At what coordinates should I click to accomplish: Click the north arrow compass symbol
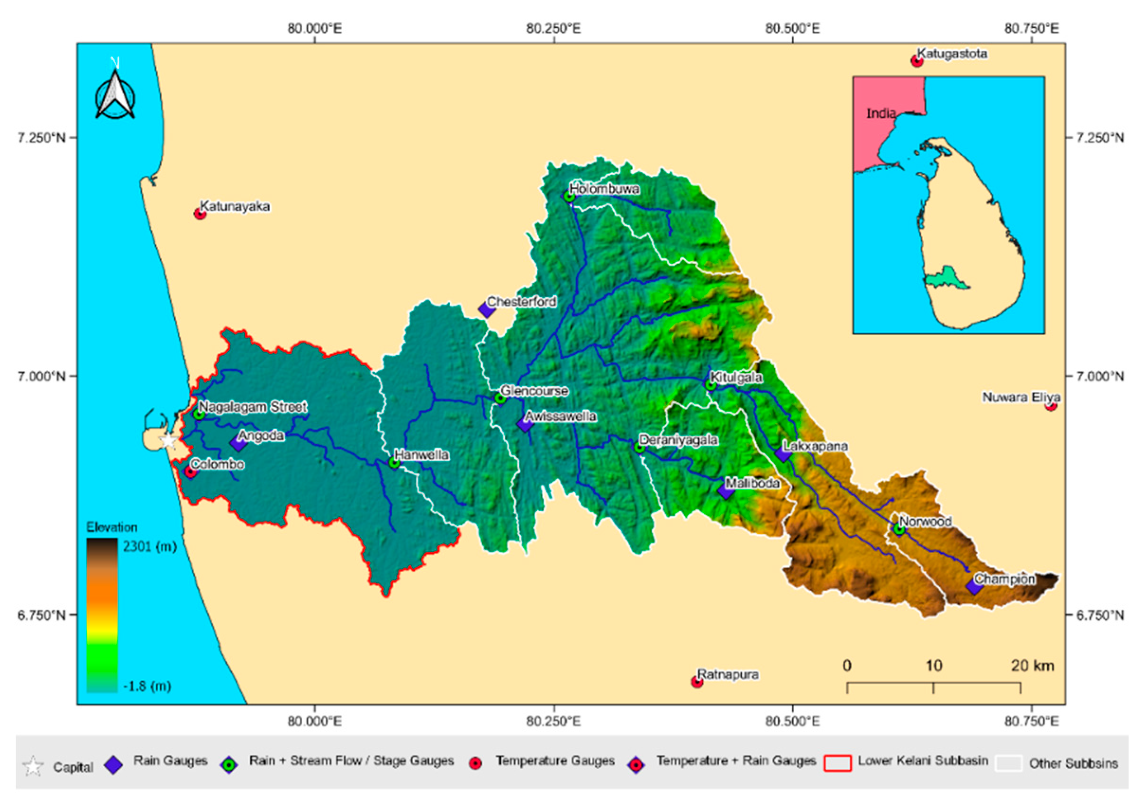coord(115,95)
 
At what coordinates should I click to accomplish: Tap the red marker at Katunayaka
coord(200,214)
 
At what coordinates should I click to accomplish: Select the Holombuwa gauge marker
coord(569,197)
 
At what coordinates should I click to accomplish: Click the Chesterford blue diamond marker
coord(486,309)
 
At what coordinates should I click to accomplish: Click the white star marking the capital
coord(169,441)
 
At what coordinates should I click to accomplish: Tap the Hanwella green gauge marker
coord(394,463)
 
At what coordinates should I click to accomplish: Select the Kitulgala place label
coord(736,378)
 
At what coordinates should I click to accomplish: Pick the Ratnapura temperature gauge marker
coord(697,682)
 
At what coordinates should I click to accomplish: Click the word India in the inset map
coord(880,113)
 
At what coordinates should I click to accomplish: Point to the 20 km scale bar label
coord(1032,665)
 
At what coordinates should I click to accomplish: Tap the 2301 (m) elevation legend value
coord(149,547)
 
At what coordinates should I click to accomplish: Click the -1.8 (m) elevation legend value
coord(147,686)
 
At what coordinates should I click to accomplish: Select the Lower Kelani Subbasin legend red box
coord(838,763)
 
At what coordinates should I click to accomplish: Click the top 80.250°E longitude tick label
coord(553,28)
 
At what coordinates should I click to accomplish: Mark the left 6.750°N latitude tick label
coord(42,615)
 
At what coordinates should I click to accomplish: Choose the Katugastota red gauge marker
coord(917,61)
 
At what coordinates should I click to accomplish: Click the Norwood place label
coord(925,522)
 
